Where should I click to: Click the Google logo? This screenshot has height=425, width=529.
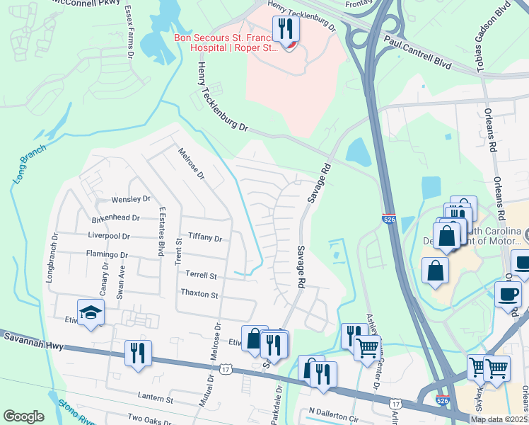(23, 416)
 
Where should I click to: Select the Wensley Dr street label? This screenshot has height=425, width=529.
(131, 200)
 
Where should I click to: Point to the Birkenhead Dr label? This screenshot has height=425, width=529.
(120, 219)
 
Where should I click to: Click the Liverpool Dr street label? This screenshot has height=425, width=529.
(108, 236)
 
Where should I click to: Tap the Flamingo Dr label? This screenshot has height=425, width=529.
(107, 254)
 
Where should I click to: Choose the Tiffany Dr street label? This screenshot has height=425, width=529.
(205, 239)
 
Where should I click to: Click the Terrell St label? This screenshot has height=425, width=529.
(200, 275)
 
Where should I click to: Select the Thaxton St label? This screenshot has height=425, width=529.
(200, 293)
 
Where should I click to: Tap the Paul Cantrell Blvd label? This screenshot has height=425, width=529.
(418, 53)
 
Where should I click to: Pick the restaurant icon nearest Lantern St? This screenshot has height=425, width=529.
(136, 353)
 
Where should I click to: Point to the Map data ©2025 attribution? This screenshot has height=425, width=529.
(499, 419)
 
